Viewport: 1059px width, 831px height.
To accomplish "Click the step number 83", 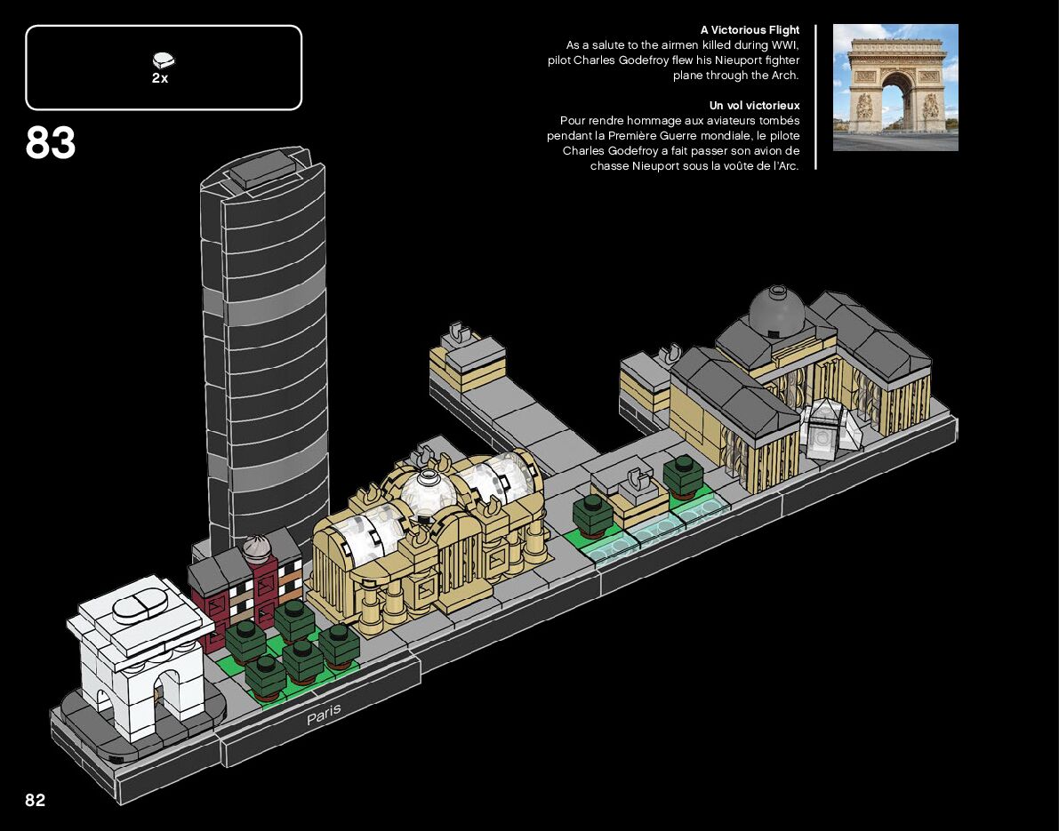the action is [51, 144].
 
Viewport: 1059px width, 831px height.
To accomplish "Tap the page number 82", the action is [35, 800].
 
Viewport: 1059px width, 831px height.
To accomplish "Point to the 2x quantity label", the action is [160, 78].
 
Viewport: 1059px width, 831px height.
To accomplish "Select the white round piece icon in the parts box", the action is [164, 60].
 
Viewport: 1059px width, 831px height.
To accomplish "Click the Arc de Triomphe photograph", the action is [895, 87].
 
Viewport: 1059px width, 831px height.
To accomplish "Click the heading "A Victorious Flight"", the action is [750, 30].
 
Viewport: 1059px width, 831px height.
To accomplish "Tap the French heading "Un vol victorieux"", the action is [754, 106].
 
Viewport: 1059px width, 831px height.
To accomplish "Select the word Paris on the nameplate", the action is [324, 714].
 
